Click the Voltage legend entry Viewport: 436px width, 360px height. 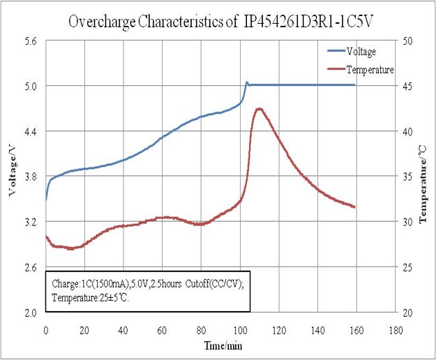pyautogui.click(x=361, y=52)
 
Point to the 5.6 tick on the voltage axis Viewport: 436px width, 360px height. pyautogui.click(x=31, y=41)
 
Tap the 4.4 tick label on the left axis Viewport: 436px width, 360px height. pyautogui.click(x=31, y=131)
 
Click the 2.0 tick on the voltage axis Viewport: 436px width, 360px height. pyautogui.click(x=31, y=313)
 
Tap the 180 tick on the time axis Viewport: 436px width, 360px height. pyautogui.click(x=396, y=329)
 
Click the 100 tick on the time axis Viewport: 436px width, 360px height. pyautogui.click(x=241, y=329)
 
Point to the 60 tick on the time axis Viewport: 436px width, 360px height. pyautogui.click(x=163, y=329)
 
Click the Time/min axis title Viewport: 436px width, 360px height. pyautogui.click(x=222, y=345)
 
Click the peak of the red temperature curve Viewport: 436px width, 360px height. pyautogui.click(x=260, y=109)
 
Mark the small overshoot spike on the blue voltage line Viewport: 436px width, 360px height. pyautogui.click(x=246, y=82)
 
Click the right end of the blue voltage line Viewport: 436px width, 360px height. pyautogui.click(x=354, y=84)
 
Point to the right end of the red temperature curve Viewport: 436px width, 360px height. pyautogui.click(x=354, y=207)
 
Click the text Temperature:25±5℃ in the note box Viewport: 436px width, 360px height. pyautogui.click(x=91, y=297)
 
